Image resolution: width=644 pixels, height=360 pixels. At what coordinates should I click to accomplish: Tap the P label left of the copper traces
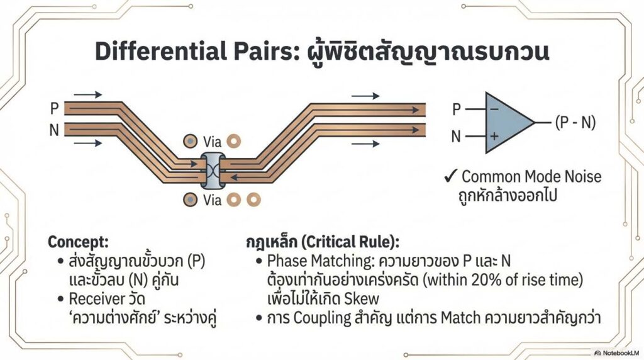(x=55, y=109)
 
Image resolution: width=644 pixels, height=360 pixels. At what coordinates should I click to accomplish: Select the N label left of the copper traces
(x=55, y=131)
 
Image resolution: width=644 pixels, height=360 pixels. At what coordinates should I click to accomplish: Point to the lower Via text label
(x=213, y=201)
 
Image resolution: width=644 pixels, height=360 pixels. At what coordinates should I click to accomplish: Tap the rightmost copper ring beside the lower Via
(x=254, y=200)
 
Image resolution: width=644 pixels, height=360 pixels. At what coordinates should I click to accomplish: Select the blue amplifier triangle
(x=507, y=122)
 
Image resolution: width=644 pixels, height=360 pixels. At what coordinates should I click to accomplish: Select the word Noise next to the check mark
(x=580, y=176)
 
